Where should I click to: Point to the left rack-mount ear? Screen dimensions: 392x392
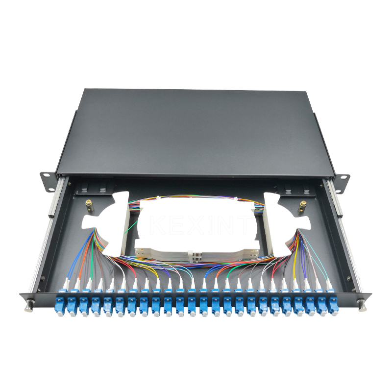click(49, 181)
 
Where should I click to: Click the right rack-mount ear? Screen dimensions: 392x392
click(342, 181)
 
